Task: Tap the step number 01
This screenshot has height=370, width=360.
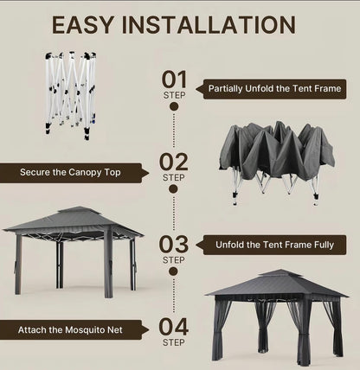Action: (x=174, y=80)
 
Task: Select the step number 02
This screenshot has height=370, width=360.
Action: (x=174, y=162)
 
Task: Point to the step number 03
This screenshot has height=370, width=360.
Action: (x=174, y=243)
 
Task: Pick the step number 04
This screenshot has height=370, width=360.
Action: (x=174, y=327)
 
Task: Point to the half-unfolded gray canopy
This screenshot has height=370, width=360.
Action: (x=277, y=156)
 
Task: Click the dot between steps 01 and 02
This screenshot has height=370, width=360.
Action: (x=174, y=106)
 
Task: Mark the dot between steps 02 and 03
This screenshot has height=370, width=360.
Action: (x=174, y=189)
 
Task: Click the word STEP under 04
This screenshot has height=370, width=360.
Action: (x=174, y=342)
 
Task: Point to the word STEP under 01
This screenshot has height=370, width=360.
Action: (x=174, y=95)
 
